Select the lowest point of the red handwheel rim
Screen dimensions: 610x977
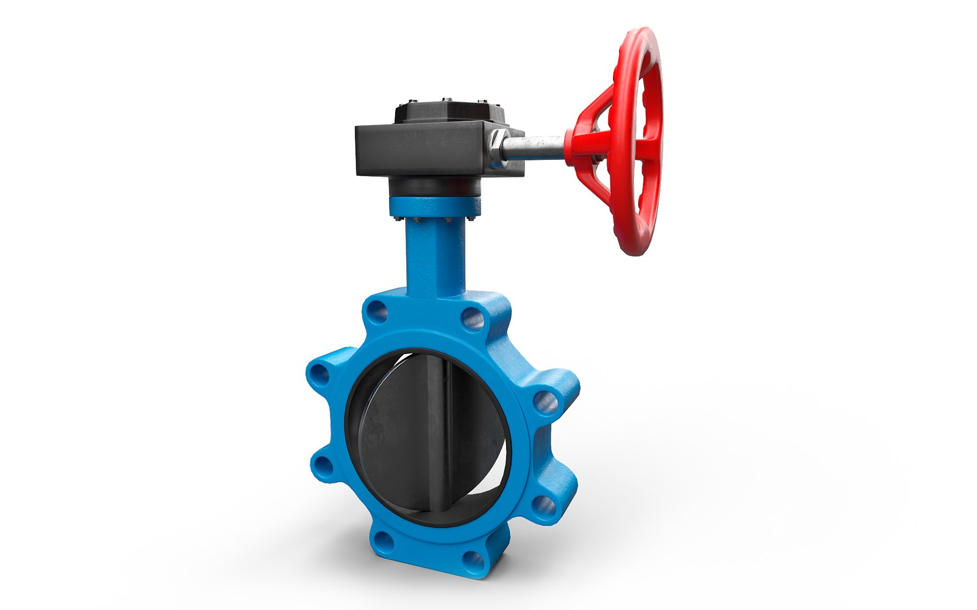click(x=634, y=252)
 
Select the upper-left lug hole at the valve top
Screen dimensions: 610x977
click(x=378, y=311)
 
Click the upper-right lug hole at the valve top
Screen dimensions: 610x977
click(x=473, y=320)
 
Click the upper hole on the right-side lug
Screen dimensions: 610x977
click(x=545, y=402)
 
